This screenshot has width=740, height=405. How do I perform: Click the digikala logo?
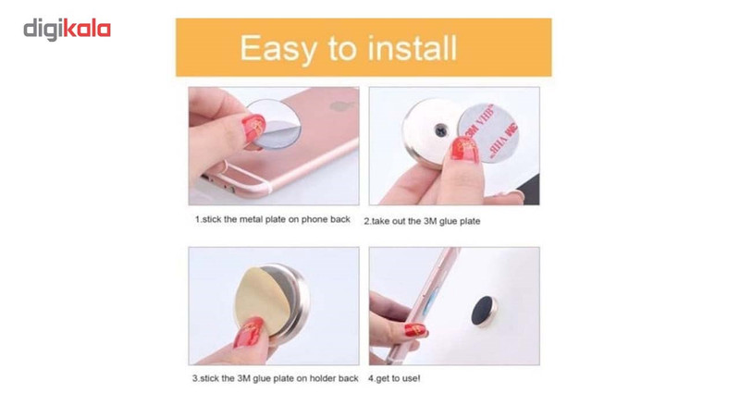tap(67, 30)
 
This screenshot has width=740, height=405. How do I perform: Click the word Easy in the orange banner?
tap(278, 49)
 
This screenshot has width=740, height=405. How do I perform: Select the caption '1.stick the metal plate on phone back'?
tap(273, 219)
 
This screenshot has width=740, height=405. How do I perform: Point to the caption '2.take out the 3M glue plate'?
tap(422, 221)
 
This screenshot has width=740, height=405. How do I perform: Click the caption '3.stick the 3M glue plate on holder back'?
tap(275, 378)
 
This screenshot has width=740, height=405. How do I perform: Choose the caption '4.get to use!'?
tap(394, 378)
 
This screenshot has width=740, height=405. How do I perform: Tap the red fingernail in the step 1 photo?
tap(253, 128)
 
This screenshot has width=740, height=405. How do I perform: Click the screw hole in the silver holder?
tap(441, 130)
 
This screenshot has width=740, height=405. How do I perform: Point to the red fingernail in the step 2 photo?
tap(464, 150)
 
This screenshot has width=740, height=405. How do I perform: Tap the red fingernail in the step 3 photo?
tap(249, 332)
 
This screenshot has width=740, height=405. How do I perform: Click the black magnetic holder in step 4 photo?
tap(484, 312)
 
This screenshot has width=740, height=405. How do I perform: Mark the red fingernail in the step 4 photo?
tap(414, 330)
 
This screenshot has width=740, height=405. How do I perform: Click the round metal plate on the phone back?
tap(274, 124)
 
